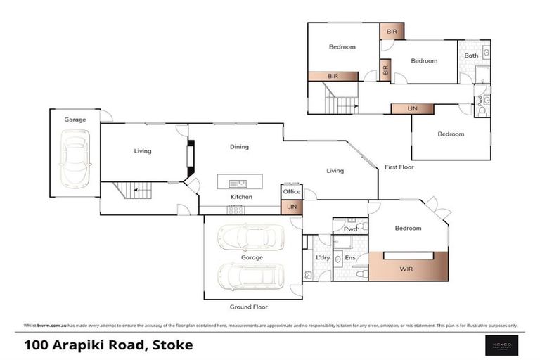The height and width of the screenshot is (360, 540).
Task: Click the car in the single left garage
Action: click(75, 160)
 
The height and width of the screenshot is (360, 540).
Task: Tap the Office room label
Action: click(292, 192)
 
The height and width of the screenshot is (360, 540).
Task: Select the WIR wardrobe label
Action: click(406, 269)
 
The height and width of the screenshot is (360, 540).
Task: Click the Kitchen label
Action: click(241, 197)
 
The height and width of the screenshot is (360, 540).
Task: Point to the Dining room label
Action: click(240, 147)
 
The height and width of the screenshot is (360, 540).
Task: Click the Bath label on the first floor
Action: click(471, 55)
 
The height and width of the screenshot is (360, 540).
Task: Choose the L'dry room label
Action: click(323, 258)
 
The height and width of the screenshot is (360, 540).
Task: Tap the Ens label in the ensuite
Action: click(349, 258)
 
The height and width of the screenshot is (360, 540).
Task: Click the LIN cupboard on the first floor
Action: click(413, 108)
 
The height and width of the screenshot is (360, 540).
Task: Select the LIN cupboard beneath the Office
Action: click(292, 207)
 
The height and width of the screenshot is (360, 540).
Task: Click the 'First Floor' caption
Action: click(399, 167)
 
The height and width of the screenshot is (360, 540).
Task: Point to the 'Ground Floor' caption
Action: click(249, 307)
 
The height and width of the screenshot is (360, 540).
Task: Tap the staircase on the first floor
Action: click(339, 98)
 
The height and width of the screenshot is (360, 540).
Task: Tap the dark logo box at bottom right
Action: click(502, 344)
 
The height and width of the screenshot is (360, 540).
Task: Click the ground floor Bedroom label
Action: click(408, 228)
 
